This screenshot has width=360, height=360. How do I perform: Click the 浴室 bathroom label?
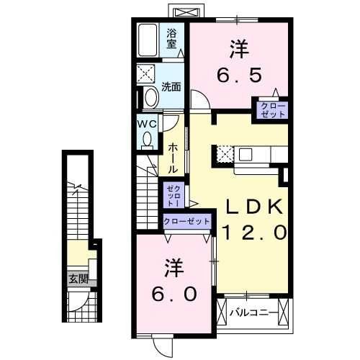tap(172, 37)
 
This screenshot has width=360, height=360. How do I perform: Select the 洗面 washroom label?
tap(171, 87)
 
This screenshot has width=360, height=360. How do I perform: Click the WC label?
tap(147, 123)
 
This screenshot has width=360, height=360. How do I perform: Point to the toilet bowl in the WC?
tap(148, 141)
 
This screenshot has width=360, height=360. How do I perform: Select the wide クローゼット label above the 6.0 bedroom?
tap(186, 222)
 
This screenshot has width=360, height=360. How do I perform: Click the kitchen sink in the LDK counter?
tap(245, 153)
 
